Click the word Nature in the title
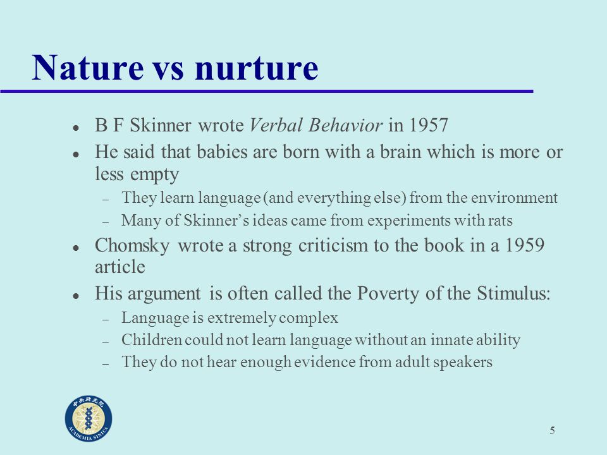click(88, 68)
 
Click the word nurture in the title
click(257, 68)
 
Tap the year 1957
click(428, 125)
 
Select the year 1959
click(525, 245)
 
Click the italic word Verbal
click(276, 125)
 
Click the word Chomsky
click(132, 246)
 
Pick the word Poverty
click(388, 294)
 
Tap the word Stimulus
click(513, 293)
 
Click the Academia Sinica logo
click(89, 418)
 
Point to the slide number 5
click(553, 430)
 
